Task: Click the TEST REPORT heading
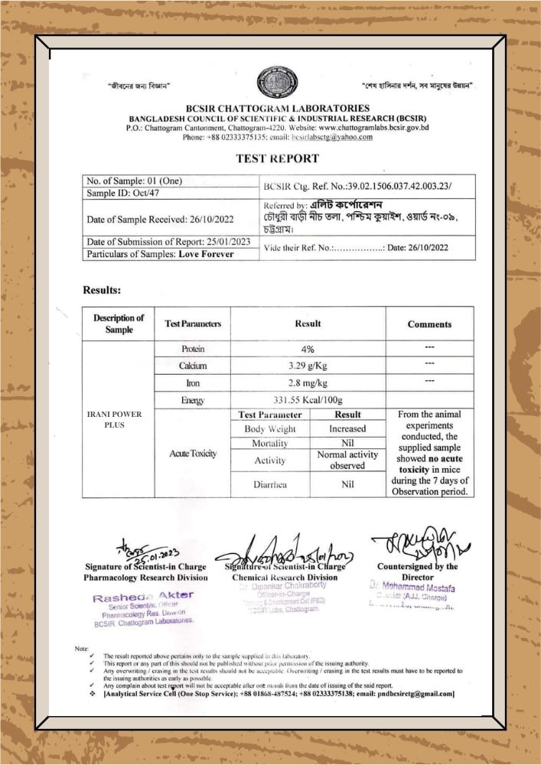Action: pyautogui.click(x=276, y=158)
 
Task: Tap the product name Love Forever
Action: pyautogui.click(x=206, y=254)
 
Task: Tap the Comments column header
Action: pyautogui.click(x=429, y=324)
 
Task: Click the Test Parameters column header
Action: pyautogui.click(x=193, y=324)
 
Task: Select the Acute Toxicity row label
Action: pyautogui.click(x=193, y=454)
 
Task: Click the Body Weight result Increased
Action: pyautogui.click(x=347, y=429)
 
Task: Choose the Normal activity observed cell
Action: pyautogui.click(x=347, y=460)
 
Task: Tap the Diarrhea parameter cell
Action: pyautogui.click(x=270, y=484)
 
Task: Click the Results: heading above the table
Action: pyautogui.click(x=102, y=291)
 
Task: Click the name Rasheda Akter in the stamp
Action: pyautogui.click(x=143, y=595)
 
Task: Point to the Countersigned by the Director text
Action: pyautogui.click(x=418, y=571)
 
